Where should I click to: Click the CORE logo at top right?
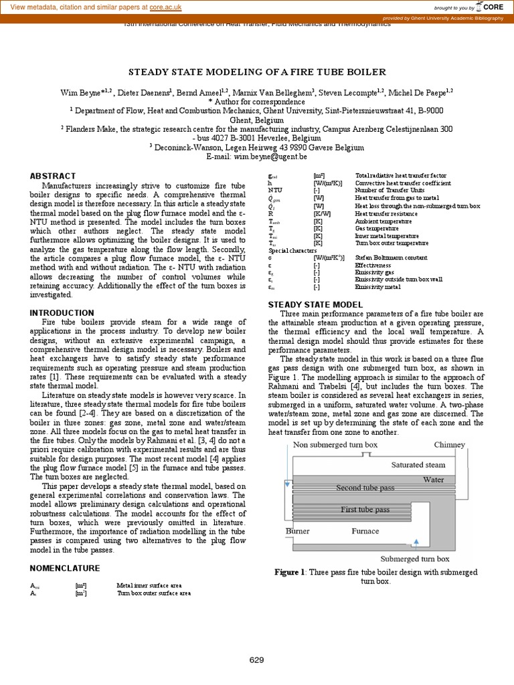[491, 7]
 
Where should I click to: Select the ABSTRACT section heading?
[53, 176]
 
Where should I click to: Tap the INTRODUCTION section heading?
[62, 312]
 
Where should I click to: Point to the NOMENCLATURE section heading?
[65, 568]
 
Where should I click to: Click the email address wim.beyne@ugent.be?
[275, 157]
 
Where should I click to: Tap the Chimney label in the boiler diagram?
[449, 445]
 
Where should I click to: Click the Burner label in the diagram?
[298, 531]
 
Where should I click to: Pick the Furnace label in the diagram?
[365, 531]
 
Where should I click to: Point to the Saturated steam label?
[418, 464]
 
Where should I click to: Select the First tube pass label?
[365, 510]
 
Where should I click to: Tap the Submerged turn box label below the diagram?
[415, 559]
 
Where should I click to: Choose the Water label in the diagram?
[433, 480]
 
